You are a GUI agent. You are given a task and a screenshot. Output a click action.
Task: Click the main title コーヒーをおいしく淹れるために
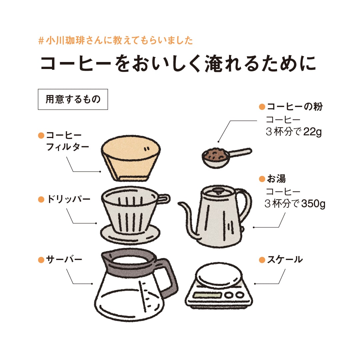pyautogui.click(x=178, y=64)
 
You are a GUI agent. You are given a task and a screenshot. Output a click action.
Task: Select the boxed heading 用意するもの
pyautogui.click(x=73, y=99)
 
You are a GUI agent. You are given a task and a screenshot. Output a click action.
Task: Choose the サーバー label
pyautogui.click(x=64, y=259)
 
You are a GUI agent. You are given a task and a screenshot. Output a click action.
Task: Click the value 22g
pyautogui.click(x=312, y=132)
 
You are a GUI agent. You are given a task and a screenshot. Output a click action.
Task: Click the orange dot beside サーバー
pyautogui.click(x=41, y=259)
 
